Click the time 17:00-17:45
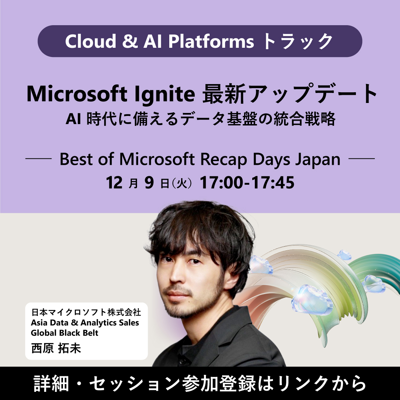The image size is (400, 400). point(247,183)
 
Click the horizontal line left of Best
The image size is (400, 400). point(38,160)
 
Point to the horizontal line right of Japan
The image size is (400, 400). point(362,160)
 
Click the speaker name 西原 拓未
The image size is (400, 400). point(56,349)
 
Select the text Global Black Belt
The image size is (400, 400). point(65,333)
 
